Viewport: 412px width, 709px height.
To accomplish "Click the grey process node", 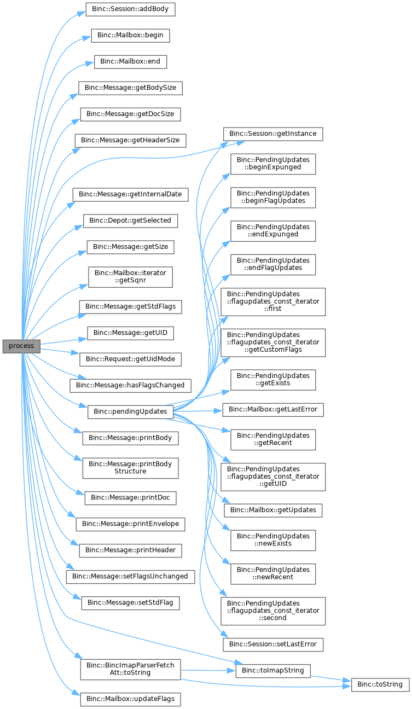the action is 21,346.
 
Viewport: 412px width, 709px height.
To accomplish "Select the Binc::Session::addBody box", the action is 130,9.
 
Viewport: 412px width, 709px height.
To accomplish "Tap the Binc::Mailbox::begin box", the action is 130,36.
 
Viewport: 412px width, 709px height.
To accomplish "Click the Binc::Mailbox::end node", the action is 130,62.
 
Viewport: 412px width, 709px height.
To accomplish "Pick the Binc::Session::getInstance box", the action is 273,134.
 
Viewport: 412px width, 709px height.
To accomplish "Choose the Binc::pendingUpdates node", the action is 130,412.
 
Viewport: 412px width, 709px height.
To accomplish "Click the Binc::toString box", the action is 380,684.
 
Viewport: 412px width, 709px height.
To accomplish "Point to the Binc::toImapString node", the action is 273,671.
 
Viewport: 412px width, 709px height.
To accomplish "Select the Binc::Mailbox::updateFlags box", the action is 130,699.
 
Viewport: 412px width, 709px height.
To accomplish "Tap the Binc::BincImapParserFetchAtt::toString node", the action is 130,670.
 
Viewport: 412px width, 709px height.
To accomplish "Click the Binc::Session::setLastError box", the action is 273,645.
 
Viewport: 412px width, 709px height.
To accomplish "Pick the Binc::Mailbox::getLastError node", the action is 273,410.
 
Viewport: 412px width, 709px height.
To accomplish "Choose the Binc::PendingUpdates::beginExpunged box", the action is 273,164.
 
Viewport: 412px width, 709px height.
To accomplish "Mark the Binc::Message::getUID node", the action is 130,333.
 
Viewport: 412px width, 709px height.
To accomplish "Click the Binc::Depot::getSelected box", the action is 130,221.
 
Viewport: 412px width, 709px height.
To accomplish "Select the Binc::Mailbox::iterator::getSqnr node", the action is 130,277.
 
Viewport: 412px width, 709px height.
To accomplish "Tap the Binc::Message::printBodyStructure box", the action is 130,468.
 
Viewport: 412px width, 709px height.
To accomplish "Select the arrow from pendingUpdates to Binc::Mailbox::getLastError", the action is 198,411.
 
